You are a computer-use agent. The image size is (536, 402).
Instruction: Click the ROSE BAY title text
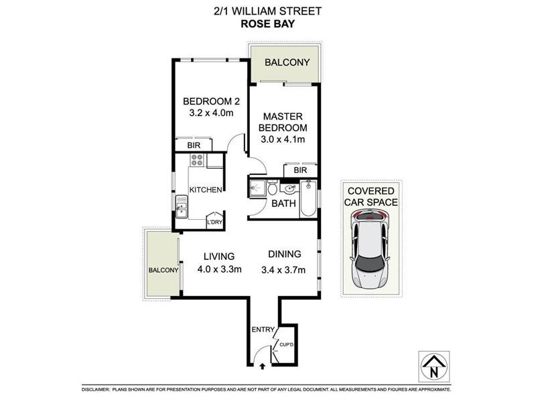pos(268,26)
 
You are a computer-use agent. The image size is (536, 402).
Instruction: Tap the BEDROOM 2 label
pos(212,102)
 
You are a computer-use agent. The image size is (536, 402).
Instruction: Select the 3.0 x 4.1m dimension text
pos(283,139)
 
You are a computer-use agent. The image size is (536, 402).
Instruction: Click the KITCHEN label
pos(205,190)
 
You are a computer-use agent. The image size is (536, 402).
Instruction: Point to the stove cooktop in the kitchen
pos(197,160)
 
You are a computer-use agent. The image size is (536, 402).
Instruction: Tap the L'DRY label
pos(214,222)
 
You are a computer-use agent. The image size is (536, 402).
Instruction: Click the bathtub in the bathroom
pos(307,198)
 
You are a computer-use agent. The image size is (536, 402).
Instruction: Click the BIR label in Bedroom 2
pos(194,145)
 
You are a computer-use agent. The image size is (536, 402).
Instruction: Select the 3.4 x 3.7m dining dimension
pos(284,270)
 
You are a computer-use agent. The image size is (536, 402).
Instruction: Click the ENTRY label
pos(263,329)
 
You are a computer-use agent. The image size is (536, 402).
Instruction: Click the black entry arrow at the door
pos(261,366)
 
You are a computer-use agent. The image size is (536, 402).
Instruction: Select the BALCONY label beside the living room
pos(163,270)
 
